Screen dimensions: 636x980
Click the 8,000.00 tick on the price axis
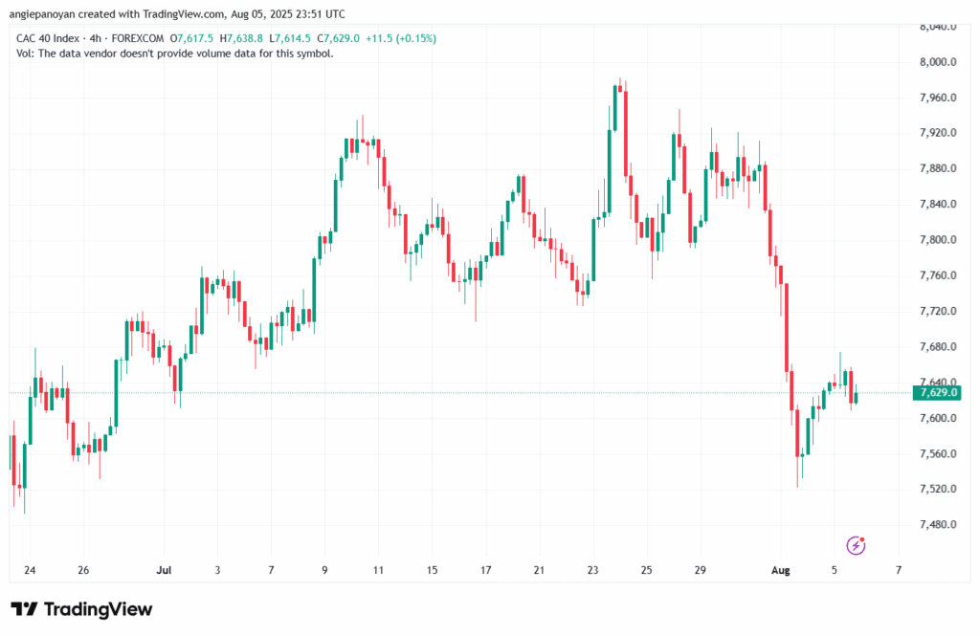tap(938, 62)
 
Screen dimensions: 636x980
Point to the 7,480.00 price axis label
tap(938, 525)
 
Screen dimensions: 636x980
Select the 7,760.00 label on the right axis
tap(938, 275)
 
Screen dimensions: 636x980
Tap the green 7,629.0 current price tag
tap(938, 393)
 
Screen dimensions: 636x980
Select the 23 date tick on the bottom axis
tap(593, 570)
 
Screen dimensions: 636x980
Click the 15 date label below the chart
tap(433, 570)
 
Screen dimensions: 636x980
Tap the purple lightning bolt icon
tap(857, 545)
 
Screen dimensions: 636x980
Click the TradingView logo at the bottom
tap(81, 609)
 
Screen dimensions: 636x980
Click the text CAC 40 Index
tap(48, 38)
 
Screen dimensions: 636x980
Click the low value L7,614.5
tap(291, 38)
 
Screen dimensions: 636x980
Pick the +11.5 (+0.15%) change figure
tap(401, 38)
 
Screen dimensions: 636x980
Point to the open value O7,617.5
tap(191, 38)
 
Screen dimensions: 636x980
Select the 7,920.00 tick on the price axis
tap(938, 133)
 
